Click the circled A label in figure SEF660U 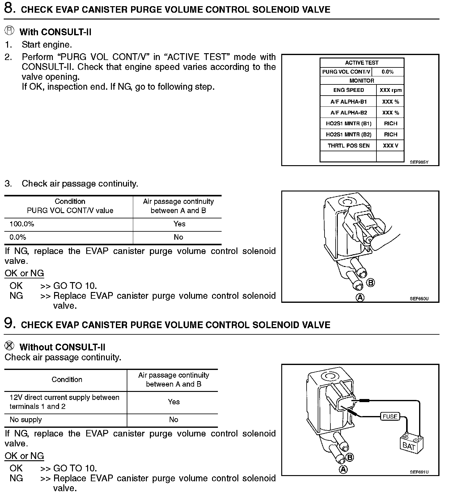coord(360,298)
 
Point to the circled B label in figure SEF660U coord(370,283)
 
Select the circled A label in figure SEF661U coord(343,470)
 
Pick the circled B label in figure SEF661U coord(350,457)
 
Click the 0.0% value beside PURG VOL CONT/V coord(388,72)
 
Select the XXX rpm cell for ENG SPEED coord(390,90)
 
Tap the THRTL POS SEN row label coord(348,146)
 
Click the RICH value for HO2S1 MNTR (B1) coord(390,123)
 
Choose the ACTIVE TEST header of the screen coord(362,63)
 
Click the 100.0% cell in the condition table coord(22,224)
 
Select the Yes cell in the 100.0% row coord(179,224)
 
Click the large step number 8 coord(10,8)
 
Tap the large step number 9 coord(10,323)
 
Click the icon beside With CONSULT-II coord(10,31)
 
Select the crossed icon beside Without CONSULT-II coord(10,346)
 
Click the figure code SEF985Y coord(419,162)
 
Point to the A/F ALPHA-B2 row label coord(348,113)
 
